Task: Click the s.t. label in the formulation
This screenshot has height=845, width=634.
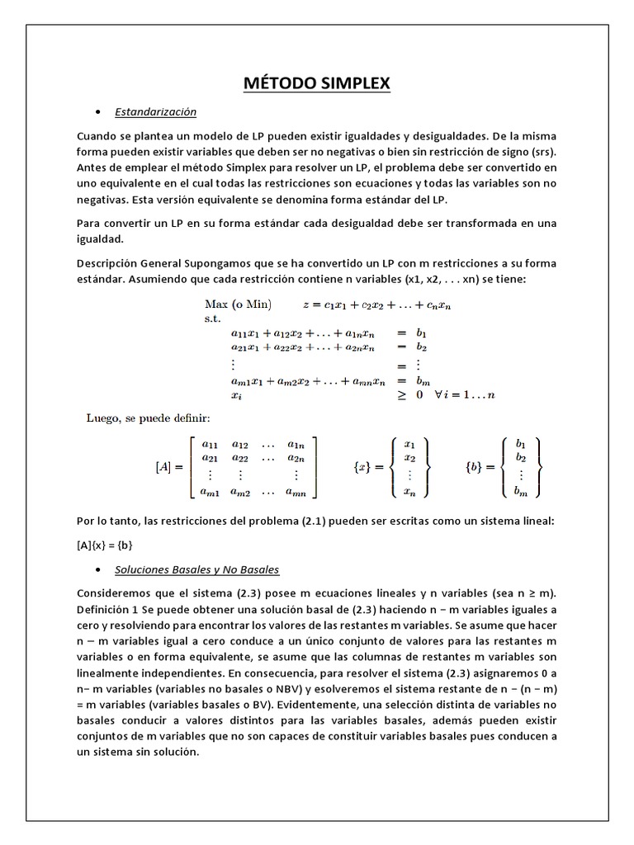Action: tap(212, 318)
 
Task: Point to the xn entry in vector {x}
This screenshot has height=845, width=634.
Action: tap(410, 492)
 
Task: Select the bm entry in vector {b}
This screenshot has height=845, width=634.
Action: tap(520, 492)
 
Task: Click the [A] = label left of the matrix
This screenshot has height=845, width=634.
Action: tap(169, 467)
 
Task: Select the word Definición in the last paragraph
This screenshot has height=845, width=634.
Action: tap(106, 609)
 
